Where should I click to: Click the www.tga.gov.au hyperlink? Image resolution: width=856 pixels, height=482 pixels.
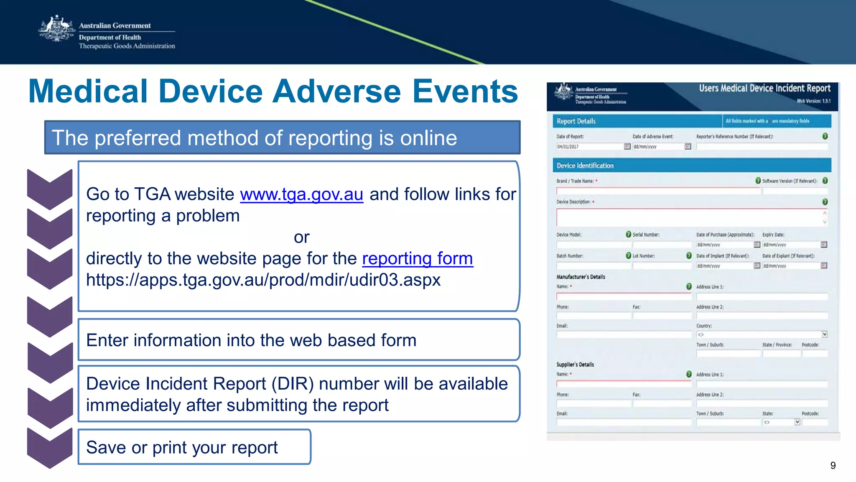pyautogui.click(x=301, y=194)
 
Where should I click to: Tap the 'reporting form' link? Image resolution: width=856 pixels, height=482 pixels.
pyautogui.click(x=417, y=258)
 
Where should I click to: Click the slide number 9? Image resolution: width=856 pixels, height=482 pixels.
pyautogui.click(x=833, y=466)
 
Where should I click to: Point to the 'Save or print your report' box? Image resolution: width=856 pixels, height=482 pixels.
pyautogui.click(x=194, y=447)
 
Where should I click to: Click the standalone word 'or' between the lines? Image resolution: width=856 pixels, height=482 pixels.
pyautogui.click(x=301, y=237)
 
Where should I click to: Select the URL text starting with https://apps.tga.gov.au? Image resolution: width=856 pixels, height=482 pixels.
pyautogui.click(x=263, y=280)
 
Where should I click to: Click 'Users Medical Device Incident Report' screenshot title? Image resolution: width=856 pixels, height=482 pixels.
pyautogui.click(x=764, y=88)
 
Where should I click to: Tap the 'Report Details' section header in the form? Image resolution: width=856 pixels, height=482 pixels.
pyautogui.click(x=576, y=121)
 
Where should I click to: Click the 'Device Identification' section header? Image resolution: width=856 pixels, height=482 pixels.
pyautogui.click(x=585, y=166)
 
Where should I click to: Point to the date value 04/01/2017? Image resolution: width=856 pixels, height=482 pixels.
pyautogui.click(x=568, y=147)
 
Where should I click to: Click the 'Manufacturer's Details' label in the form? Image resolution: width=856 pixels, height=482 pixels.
pyautogui.click(x=581, y=277)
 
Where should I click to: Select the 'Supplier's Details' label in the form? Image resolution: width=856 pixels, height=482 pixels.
pyautogui.click(x=575, y=365)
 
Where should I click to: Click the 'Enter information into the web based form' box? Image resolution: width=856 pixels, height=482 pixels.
pyautogui.click(x=298, y=340)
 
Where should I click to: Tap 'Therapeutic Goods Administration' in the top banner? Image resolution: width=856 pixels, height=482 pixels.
pyautogui.click(x=127, y=46)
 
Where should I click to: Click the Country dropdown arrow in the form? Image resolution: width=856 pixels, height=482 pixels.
pyautogui.click(x=824, y=334)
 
